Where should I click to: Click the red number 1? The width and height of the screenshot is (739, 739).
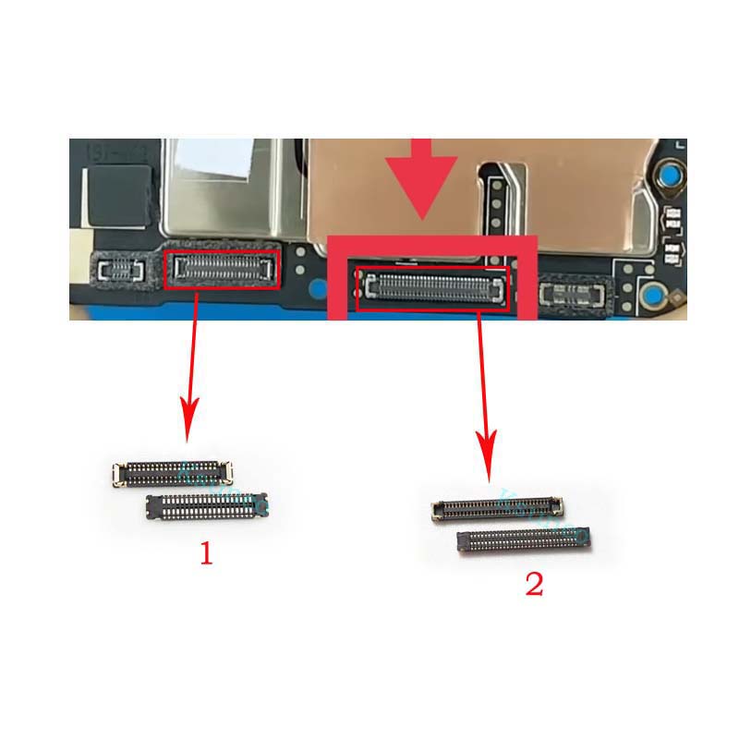pos(207,554)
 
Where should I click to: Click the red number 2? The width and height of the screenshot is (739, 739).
pos(534,584)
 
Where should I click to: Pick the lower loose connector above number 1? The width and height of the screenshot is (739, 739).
pos(207,505)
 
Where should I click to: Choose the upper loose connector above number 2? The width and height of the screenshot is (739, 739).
pos(498,507)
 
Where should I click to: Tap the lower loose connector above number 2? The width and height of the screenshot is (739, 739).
pos(524,541)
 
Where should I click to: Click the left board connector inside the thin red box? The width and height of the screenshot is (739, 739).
pos(222,269)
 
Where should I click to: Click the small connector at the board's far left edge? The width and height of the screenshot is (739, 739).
pos(118,270)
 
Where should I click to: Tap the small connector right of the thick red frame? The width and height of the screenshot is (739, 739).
pos(575,295)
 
